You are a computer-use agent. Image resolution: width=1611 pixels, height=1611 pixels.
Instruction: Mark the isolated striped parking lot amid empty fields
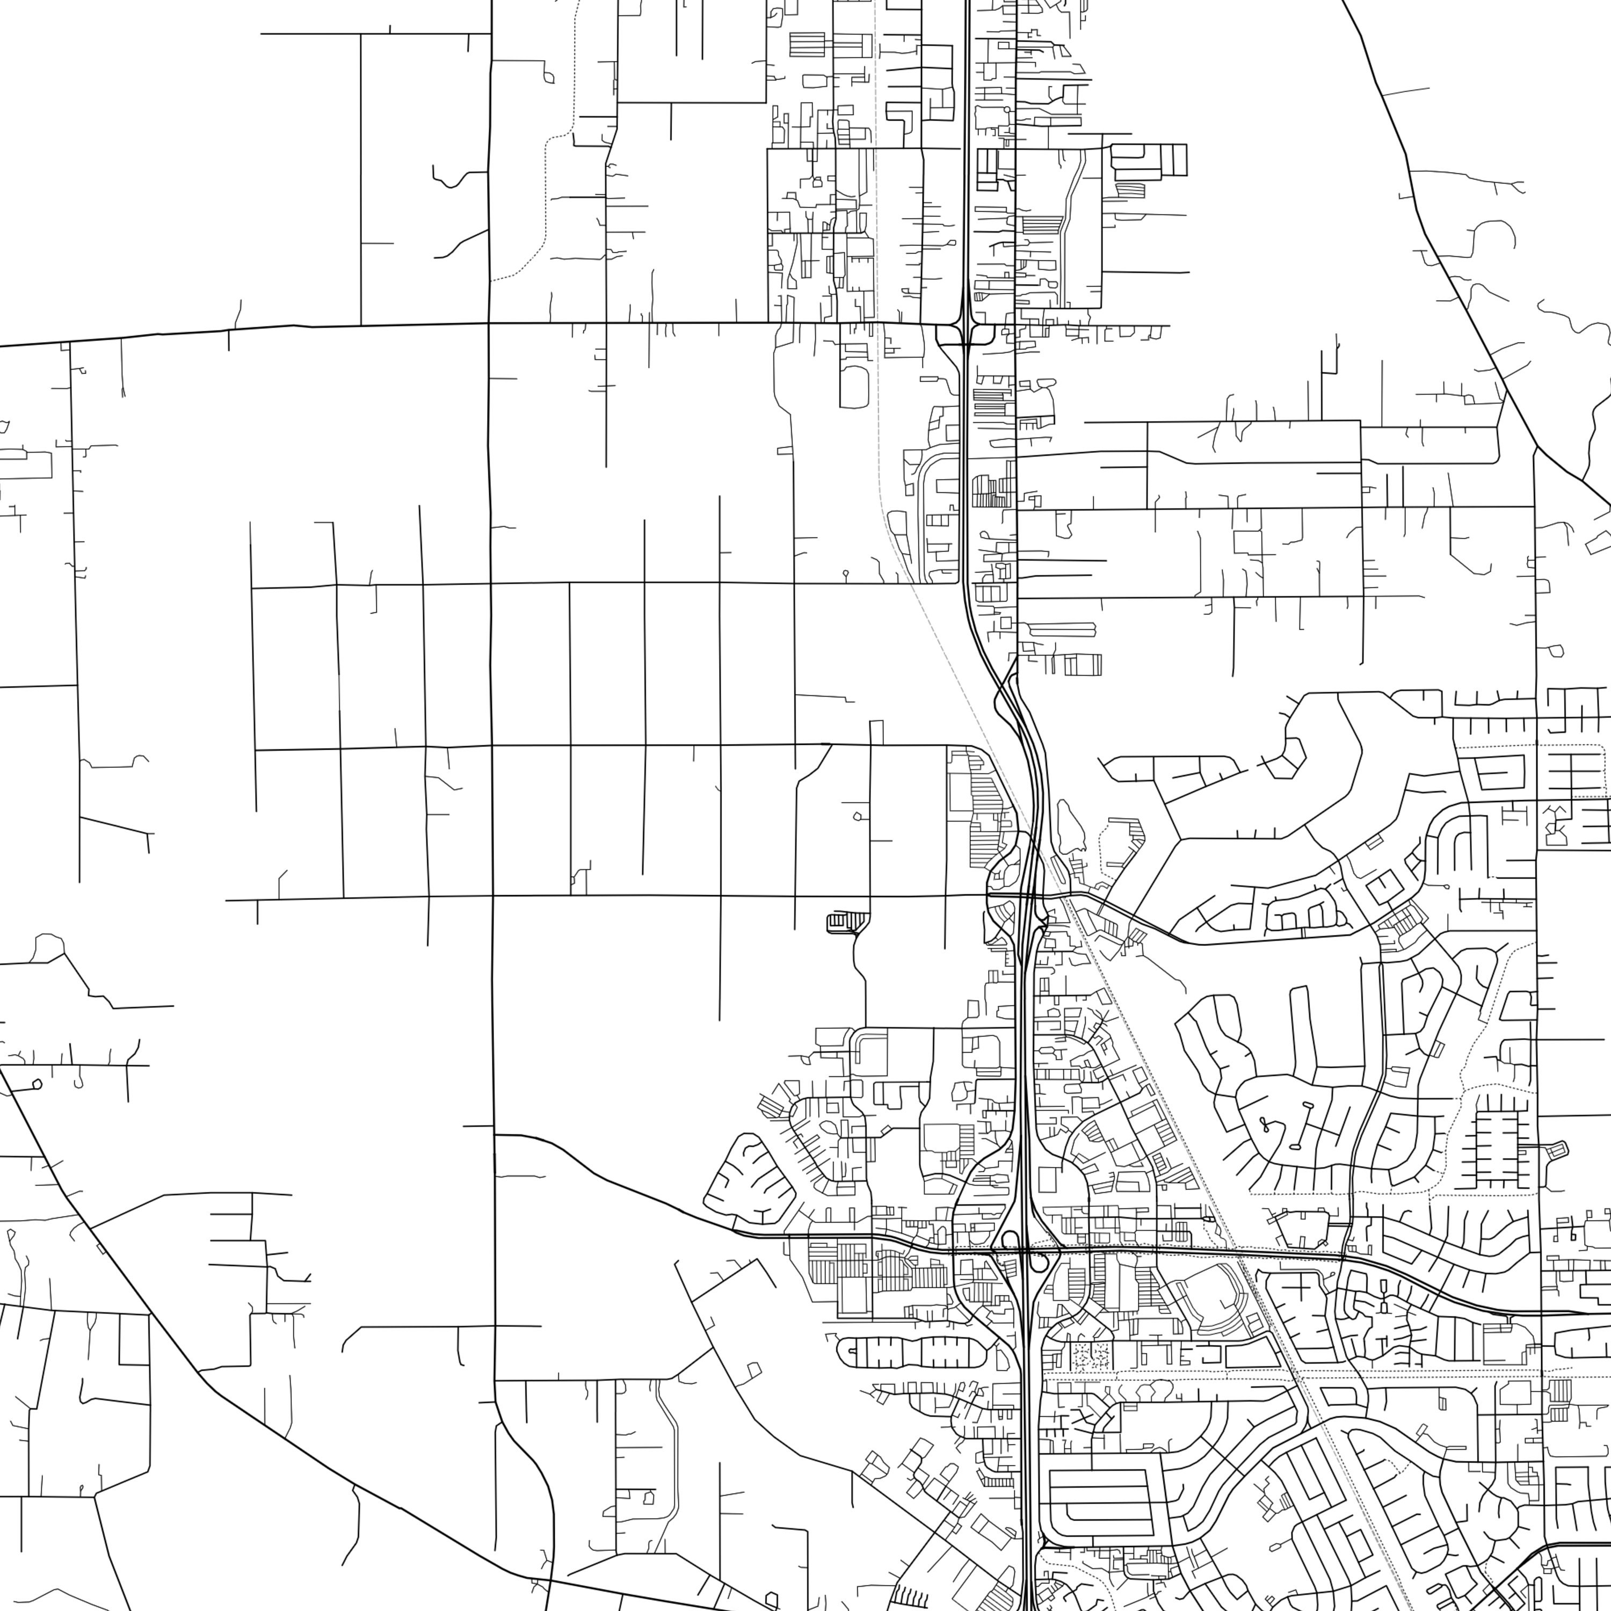[844, 921]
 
